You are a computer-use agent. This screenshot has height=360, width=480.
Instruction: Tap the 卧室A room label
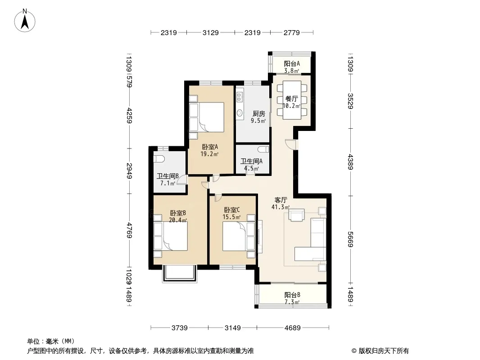[210, 147]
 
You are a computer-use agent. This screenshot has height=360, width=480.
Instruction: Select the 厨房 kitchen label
[258, 114]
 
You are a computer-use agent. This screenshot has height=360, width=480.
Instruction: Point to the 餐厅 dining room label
[291, 99]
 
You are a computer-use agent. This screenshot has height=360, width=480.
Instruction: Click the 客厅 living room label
[281, 200]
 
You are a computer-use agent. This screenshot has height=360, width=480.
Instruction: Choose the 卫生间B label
[168, 176]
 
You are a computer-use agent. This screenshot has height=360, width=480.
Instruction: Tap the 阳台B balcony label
[292, 295]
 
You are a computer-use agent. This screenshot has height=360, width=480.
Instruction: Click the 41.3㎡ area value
[281, 207]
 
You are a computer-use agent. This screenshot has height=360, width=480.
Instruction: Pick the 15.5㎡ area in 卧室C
[231, 217]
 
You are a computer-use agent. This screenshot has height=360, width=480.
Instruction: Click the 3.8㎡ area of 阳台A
[292, 71]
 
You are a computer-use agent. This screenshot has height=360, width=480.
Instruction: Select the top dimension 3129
[211, 32]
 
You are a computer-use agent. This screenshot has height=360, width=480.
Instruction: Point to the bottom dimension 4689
[293, 328]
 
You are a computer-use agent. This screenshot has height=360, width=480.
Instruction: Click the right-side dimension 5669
[350, 239]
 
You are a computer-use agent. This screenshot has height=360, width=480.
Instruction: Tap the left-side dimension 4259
[129, 115]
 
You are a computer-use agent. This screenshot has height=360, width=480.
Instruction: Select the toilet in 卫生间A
[263, 149]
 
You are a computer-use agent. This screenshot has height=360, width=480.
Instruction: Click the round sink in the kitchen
[240, 112]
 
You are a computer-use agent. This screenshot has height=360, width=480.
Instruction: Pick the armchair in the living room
[297, 215]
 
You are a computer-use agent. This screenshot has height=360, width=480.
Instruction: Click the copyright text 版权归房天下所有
[384, 351]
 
